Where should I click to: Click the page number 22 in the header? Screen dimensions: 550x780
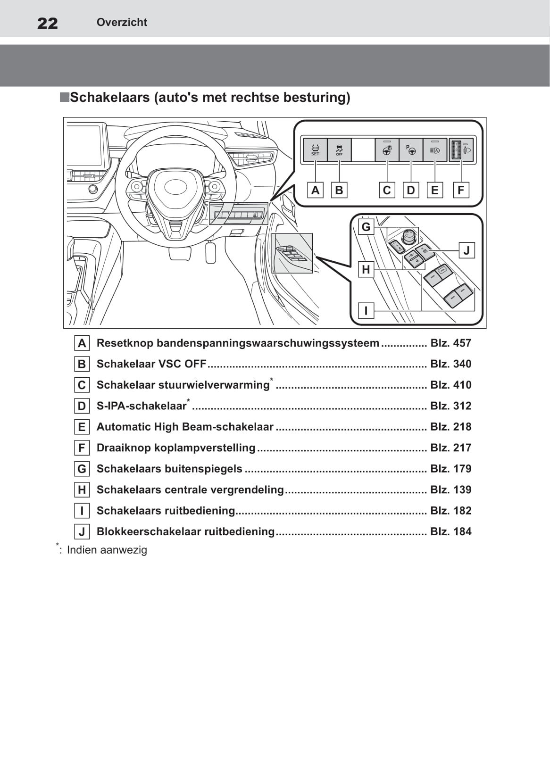coord(47,23)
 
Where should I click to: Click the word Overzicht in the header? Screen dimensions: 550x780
coord(122,22)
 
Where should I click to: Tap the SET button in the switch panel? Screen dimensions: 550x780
coord(315,150)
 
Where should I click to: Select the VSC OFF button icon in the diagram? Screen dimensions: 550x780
coord(339,150)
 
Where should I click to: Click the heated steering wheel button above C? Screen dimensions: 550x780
coord(387,150)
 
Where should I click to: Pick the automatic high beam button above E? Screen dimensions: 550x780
coord(435,150)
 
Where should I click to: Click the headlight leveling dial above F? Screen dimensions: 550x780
coord(456,150)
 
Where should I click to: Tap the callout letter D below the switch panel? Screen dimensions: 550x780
coord(411,190)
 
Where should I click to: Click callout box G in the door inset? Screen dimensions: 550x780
coord(366,227)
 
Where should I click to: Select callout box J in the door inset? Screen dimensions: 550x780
coord(467,250)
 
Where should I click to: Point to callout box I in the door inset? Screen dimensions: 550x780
coord(366,310)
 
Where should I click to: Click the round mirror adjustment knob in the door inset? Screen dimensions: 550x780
coord(409,237)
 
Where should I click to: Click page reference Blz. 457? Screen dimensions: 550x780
coord(451,343)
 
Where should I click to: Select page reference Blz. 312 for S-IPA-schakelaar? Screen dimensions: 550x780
coord(451,406)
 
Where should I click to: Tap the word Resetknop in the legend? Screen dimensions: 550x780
coord(125,343)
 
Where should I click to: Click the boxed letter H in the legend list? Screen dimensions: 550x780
coord(82,490)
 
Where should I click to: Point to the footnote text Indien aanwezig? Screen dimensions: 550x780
coord(107,550)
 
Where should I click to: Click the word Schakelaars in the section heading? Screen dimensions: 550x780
coord(110,98)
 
